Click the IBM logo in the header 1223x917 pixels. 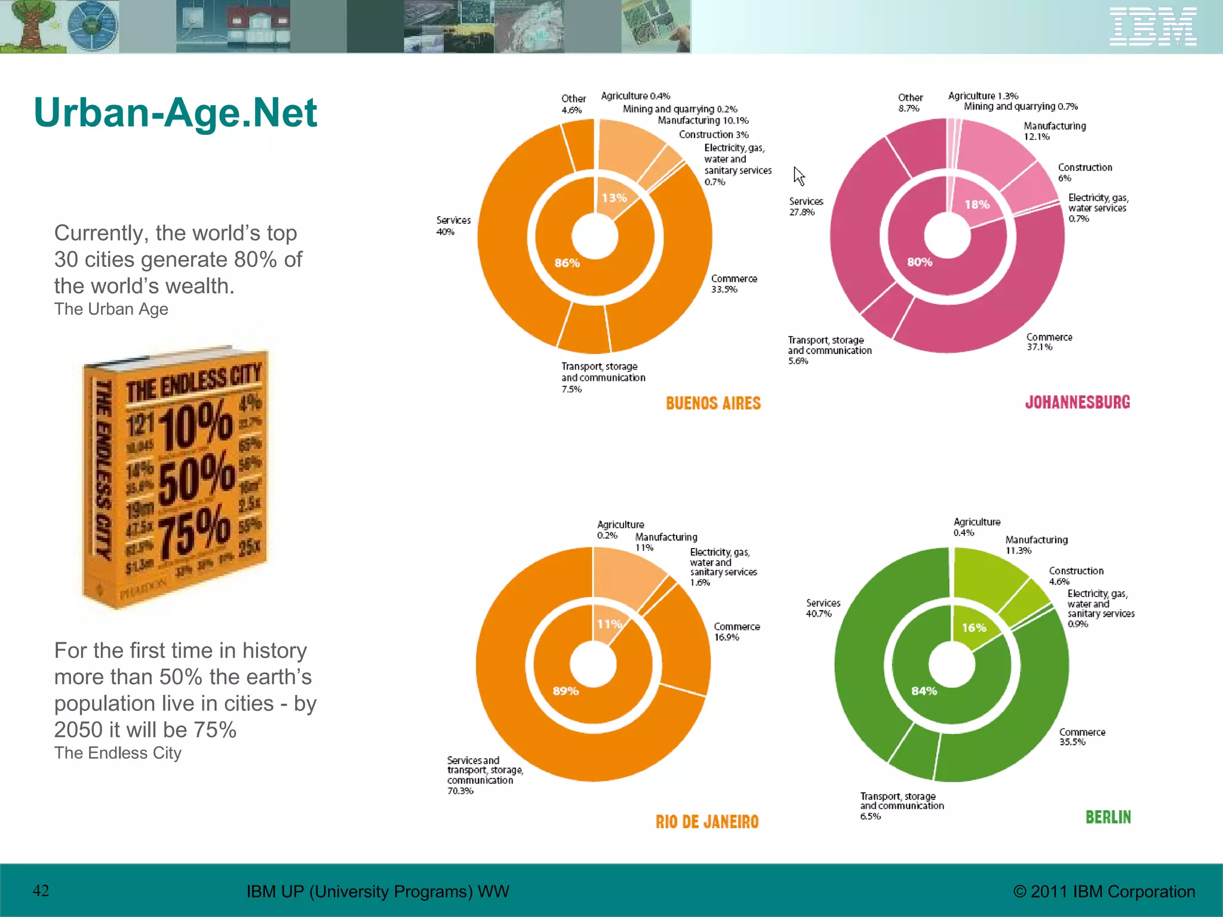pyautogui.click(x=1153, y=26)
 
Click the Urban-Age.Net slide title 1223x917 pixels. pyautogui.click(x=175, y=112)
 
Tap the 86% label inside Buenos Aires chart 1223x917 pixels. pyautogui.click(x=567, y=263)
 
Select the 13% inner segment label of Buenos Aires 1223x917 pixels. pyautogui.click(x=614, y=198)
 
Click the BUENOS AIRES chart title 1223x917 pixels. pyautogui.click(x=713, y=404)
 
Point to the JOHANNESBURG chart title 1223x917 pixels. pyautogui.click(x=1077, y=402)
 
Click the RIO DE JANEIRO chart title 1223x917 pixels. pyautogui.click(x=707, y=822)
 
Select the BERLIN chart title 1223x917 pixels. pyautogui.click(x=1108, y=817)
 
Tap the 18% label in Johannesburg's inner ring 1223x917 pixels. pyautogui.click(x=977, y=204)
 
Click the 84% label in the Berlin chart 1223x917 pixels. pyautogui.click(x=924, y=691)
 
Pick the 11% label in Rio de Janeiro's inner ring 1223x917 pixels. pyautogui.click(x=610, y=624)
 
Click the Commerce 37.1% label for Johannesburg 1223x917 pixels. pyautogui.click(x=1049, y=341)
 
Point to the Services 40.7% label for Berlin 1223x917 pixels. pyautogui.click(x=823, y=608)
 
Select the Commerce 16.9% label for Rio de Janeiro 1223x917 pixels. pyautogui.click(x=737, y=632)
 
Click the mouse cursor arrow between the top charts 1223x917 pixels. pyautogui.click(x=799, y=176)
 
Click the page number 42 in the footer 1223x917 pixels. pyautogui.click(x=41, y=891)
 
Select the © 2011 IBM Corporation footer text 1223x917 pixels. pyautogui.click(x=1104, y=891)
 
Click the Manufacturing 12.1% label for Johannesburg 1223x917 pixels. pyautogui.click(x=1054, y=131)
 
